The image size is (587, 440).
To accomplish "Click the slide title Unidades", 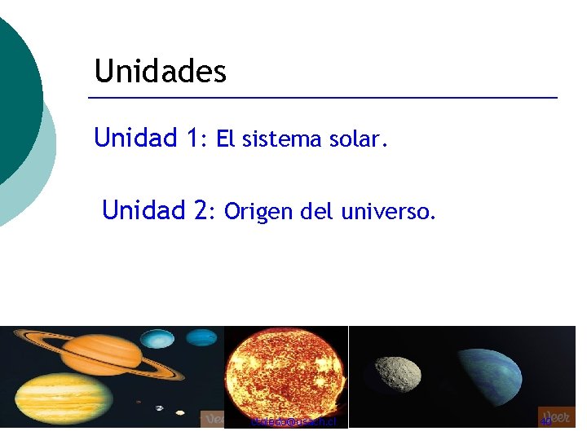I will pyautogui.click(x=161, y=72).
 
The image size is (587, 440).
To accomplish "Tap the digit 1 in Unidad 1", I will pyautogui.click(x=192, y=138).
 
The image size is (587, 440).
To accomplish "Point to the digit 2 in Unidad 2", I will pyautogui.click(x=200, y=211).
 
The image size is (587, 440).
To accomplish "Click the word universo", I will pyautogui.click(x=389, y=213).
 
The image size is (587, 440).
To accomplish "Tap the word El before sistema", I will pyautogui.click(x=226, y=139).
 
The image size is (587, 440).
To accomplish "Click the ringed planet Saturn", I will pyautogui.click(x=101, y=353).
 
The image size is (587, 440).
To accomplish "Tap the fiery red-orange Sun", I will pyautogui.click(x=285, y=375).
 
